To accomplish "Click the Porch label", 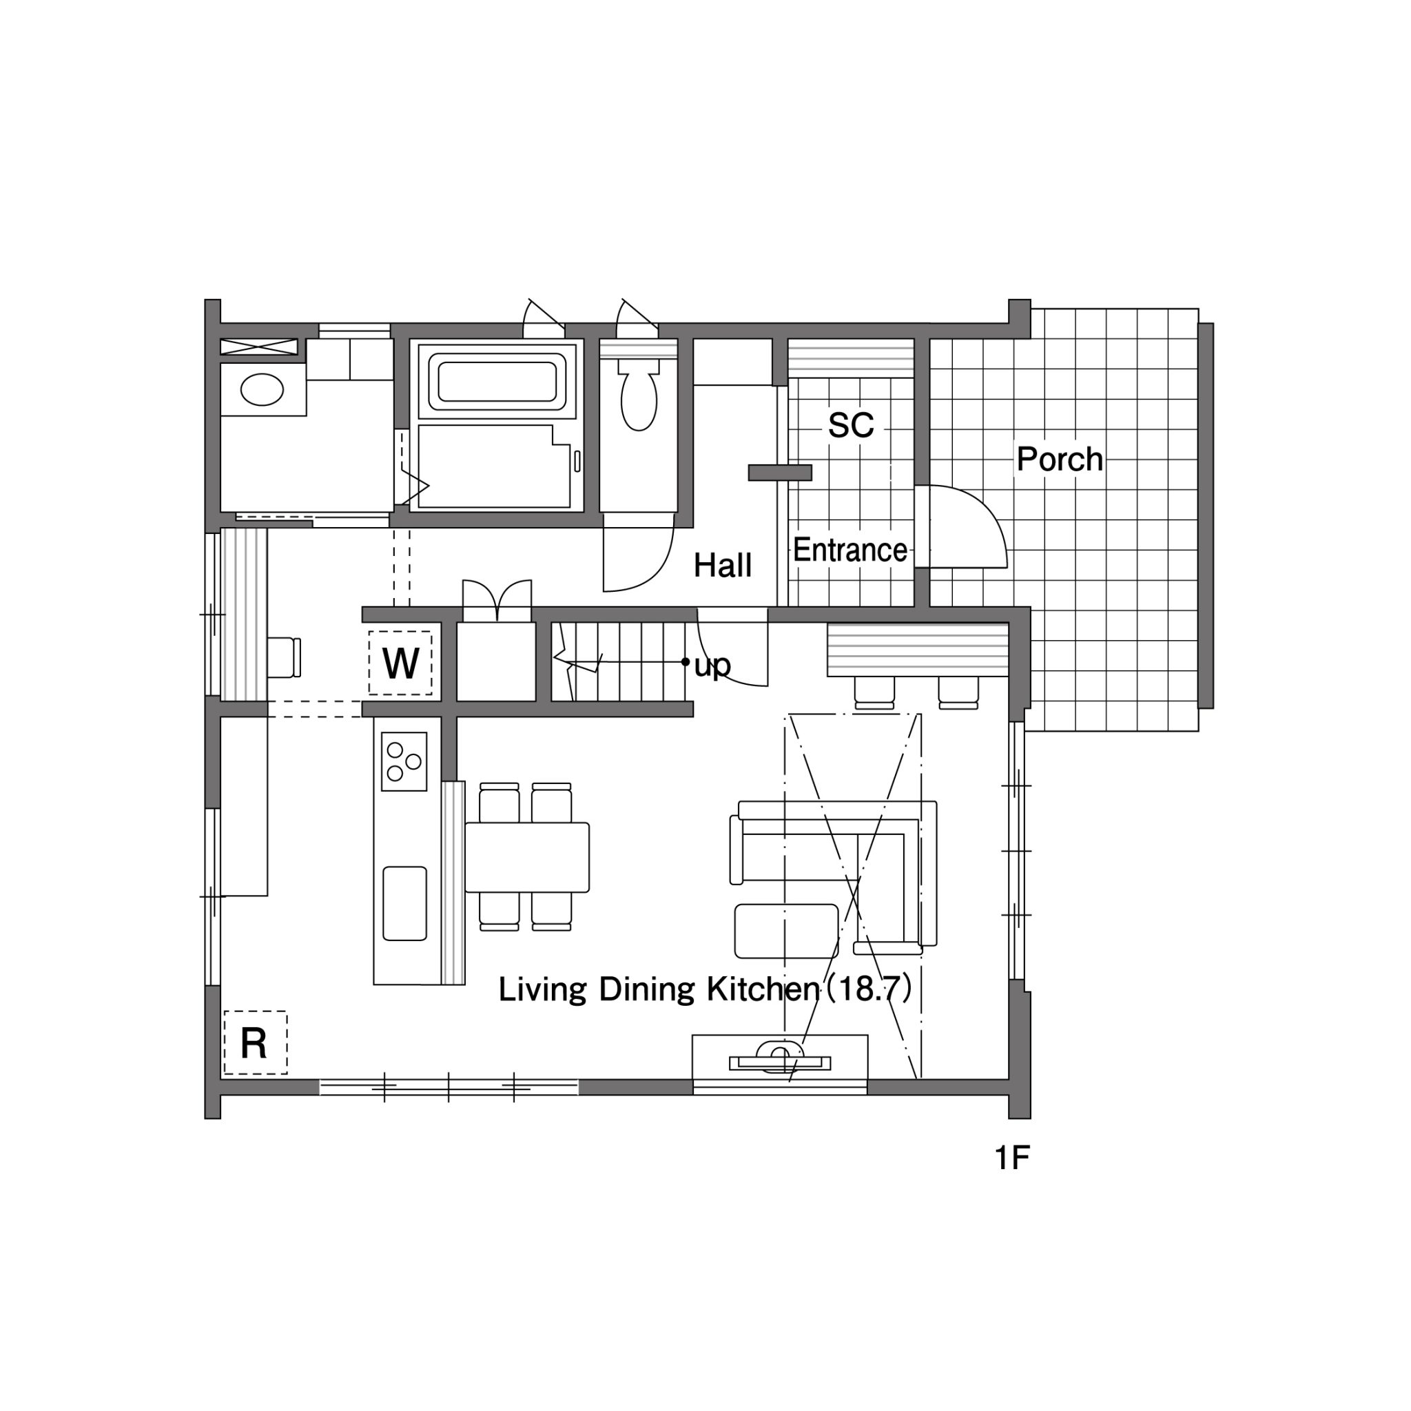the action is pyautogui.click(x=1060, y=460).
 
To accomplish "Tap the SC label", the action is pyautogui.click(x=851, y=425).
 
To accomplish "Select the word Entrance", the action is pyautogui.click(x=850, y=550).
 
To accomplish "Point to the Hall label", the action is pyautogui.click(x=722, y=565).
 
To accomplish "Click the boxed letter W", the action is pyautogui.click(x=400, y=663).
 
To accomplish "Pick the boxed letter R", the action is pyautogui.click(x=254, y=1043).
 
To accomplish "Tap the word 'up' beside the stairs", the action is pyautogui.click(x=712, y=666).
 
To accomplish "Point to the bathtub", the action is pyautogui.click(x=497, y=381).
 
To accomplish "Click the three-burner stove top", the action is pyautogui.click(x=404, y=761).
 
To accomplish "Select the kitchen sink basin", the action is pyautogui.click(x=404, y=903).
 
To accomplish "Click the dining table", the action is pyautogui.click(x=527, y=857).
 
